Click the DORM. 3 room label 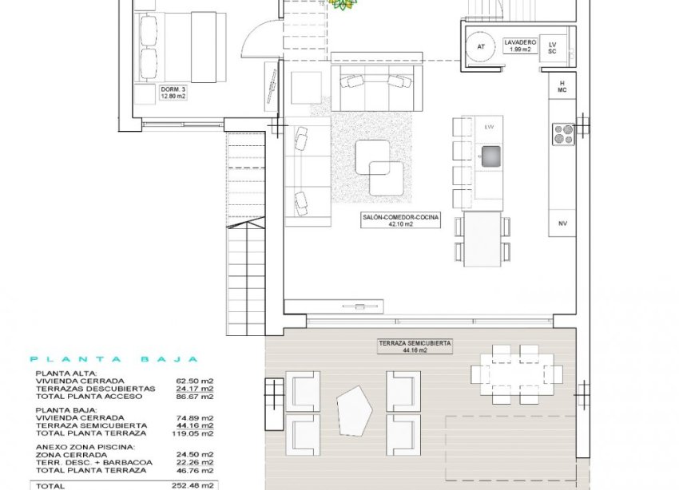coord(173,93)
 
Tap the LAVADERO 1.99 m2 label coord(518,45)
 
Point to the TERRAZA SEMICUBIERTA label coord(414,346)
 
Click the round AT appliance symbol coord(481,46)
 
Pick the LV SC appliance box coord(551,46)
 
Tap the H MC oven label coord(562,87)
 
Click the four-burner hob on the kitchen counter coord(563,133)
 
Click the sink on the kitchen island coord(489,154)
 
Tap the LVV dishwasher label coord(489,127)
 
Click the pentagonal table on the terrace coord(354,410)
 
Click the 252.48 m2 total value coord(195,484)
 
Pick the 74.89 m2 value coord(195,417)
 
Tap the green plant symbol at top coord(343,5)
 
